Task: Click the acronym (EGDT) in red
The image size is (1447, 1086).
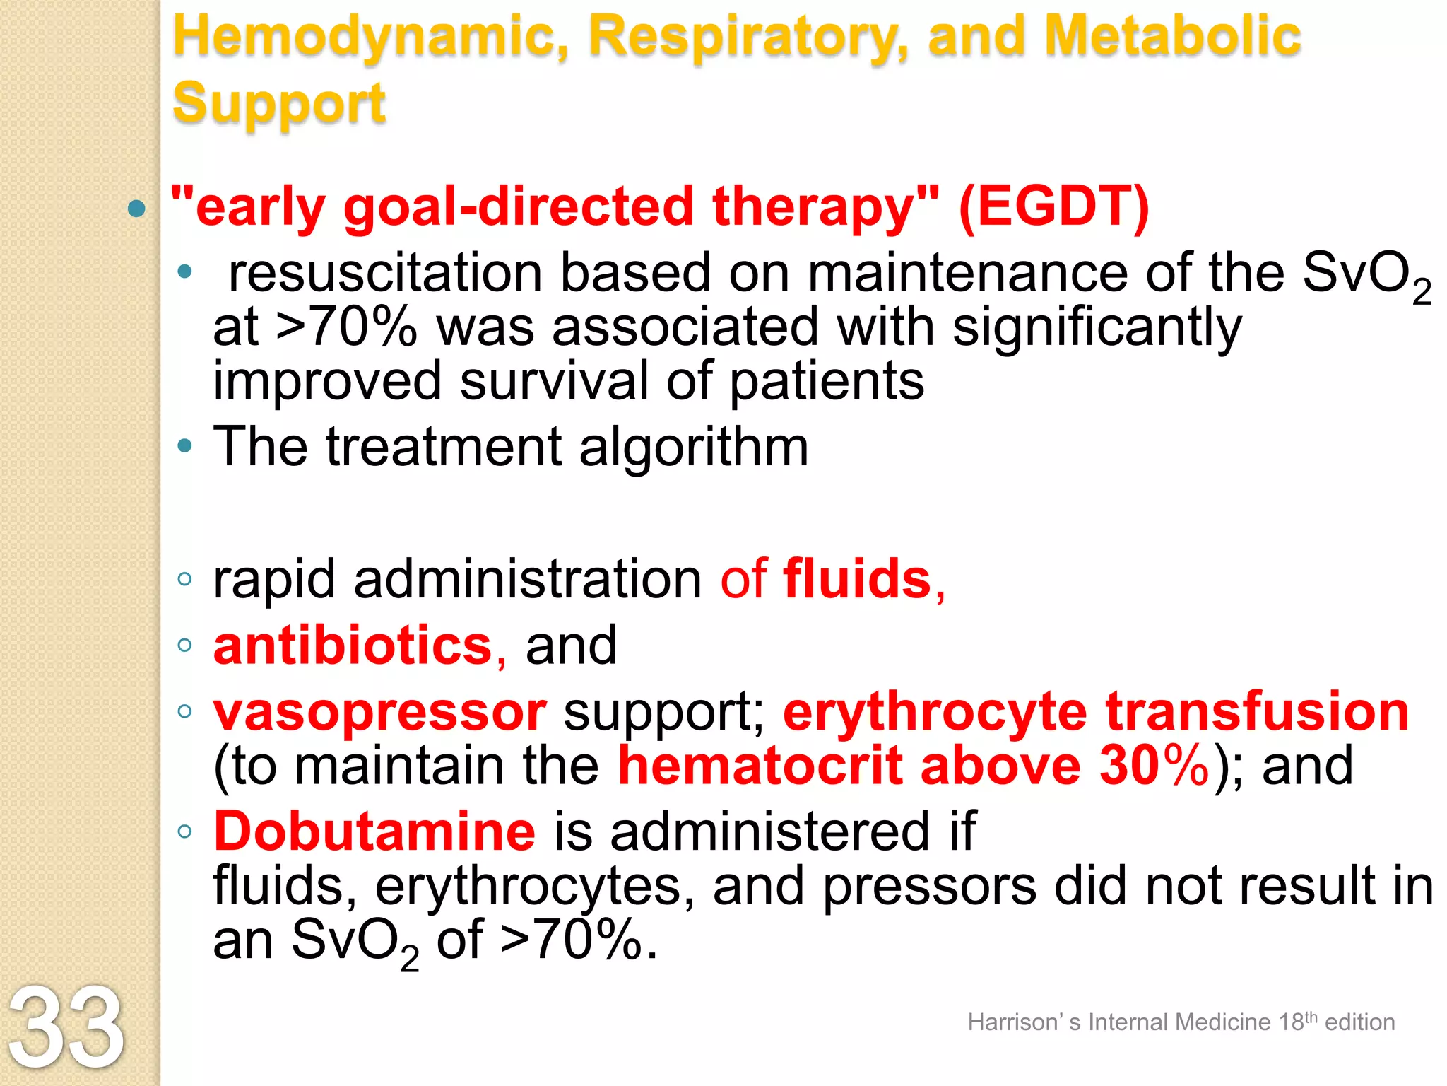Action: pos(1053,206)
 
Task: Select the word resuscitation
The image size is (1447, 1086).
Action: pos(385,273)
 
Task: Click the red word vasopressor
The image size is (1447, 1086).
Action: pos(380,712)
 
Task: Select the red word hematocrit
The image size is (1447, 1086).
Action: pos(760,766)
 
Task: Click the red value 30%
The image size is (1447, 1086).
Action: pos(1153,766)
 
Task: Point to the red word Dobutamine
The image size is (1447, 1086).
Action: pos(374,831)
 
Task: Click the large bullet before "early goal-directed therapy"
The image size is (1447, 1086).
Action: pos(137,209)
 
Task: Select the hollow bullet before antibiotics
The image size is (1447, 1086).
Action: pos(185,646)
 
